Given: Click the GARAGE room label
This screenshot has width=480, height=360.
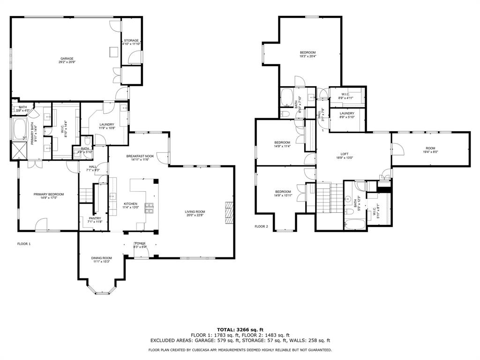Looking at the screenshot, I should coord(67,59).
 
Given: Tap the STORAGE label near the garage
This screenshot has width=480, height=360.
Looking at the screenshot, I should coord(131,41).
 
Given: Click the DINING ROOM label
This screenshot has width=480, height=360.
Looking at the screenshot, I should coord(101,258).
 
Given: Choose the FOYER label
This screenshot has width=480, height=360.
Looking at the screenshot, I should coord(140,244).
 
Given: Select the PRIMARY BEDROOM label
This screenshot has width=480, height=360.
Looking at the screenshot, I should coord(48,194).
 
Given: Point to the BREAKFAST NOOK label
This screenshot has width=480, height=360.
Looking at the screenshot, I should coord(140,156).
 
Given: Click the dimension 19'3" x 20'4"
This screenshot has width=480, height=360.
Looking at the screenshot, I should coord(308,56).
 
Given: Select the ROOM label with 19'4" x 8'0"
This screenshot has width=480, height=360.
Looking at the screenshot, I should coord(430,148).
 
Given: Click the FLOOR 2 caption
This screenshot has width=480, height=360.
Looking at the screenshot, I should coord(261,226).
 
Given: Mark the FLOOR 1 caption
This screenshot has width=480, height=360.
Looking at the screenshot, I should coord(24,244).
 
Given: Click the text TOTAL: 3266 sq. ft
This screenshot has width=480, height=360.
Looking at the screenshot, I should coord(240,330).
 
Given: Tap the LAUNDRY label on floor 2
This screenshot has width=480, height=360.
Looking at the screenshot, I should coord(347,113).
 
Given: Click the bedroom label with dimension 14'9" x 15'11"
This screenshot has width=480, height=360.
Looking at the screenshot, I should coord(283,192).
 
